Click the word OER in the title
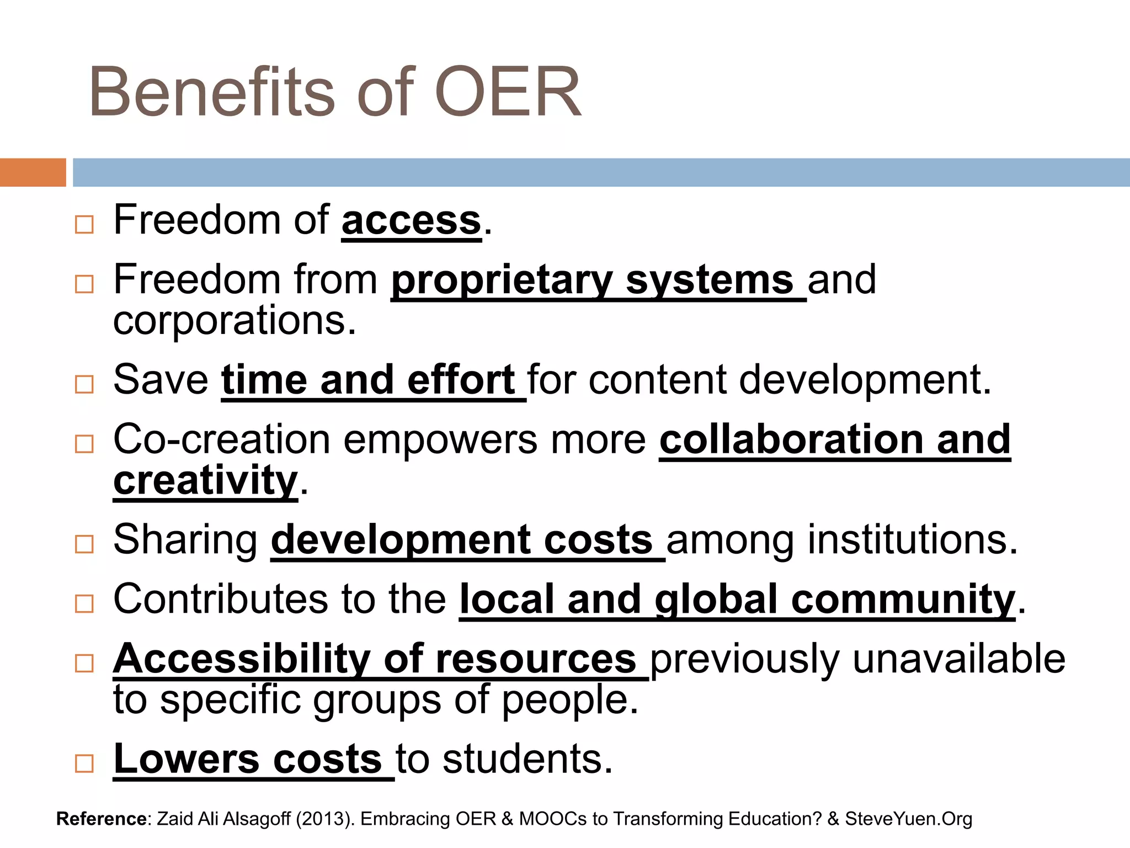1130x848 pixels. [x=508, y=92]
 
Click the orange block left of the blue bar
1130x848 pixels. [x=33, y=172]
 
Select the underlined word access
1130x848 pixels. [x=411, y=220]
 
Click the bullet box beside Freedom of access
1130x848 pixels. [x=84, y=224]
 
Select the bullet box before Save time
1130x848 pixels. [x=84, y=384]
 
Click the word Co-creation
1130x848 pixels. [x=220, y=439]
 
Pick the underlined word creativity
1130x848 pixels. [x=205, y=480]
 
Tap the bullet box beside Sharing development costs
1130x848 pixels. [x=84, y=544]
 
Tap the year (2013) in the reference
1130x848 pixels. [x=325, y=819]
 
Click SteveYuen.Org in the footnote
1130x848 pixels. [x=908, y=819]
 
